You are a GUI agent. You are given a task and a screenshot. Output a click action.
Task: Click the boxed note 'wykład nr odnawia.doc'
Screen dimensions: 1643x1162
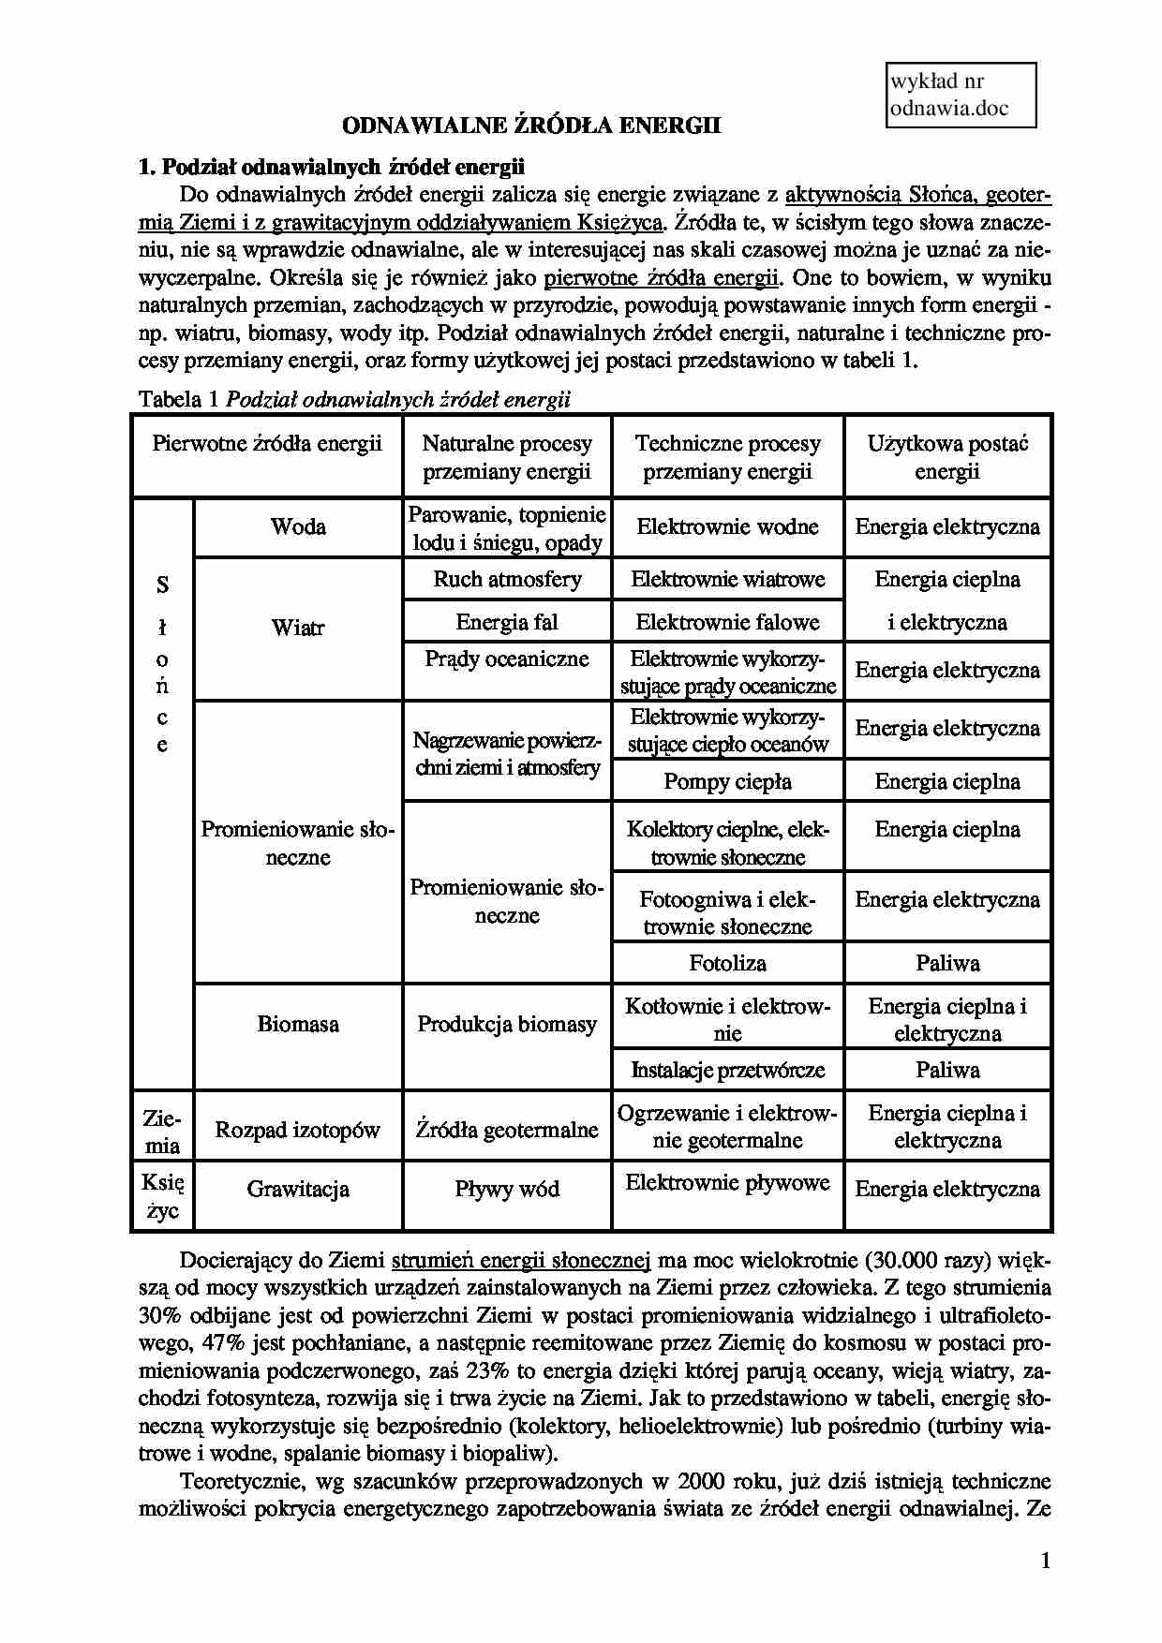[x=960, y=95]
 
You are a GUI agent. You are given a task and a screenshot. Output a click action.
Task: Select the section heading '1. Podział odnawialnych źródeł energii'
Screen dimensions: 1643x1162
[x=332, y=168]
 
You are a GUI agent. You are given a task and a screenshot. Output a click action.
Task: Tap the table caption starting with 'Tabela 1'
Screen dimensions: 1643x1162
[x=354, y=400]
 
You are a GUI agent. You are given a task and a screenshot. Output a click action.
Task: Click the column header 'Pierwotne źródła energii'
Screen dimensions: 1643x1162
[x=267, y=443]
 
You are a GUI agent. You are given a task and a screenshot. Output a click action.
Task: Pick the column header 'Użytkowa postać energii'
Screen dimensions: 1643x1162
[x=946, y=457]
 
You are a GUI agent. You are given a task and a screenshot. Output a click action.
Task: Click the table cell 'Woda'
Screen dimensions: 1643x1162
[x=298, y=526]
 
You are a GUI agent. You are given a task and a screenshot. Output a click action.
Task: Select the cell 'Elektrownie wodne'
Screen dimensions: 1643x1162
[x=727, y=526]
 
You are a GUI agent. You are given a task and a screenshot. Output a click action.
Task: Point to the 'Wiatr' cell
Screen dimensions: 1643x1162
[x=298, y=628]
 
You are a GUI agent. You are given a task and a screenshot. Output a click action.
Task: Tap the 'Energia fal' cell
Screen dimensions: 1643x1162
[x=507, y=622]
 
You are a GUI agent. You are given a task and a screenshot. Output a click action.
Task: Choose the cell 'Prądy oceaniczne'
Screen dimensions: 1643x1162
[x=507, y=659]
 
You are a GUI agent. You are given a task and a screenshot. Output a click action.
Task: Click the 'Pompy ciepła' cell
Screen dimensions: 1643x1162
[x=727, y=781]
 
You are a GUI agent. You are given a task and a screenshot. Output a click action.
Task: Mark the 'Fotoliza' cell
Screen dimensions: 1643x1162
[x=727, y=963]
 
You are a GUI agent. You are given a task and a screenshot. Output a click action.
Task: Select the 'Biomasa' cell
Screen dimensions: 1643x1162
[x=298, y=1024]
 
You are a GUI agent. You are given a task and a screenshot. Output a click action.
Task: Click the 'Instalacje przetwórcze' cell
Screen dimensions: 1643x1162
[x=727, y=1070]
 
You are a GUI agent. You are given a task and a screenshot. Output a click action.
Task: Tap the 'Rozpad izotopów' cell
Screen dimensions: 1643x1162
[x=298, y=1130]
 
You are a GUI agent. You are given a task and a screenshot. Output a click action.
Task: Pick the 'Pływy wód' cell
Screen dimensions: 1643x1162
[x=507, y=1189]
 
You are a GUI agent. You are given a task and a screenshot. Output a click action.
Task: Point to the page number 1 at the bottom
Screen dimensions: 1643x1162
[x=1045, y=1561]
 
